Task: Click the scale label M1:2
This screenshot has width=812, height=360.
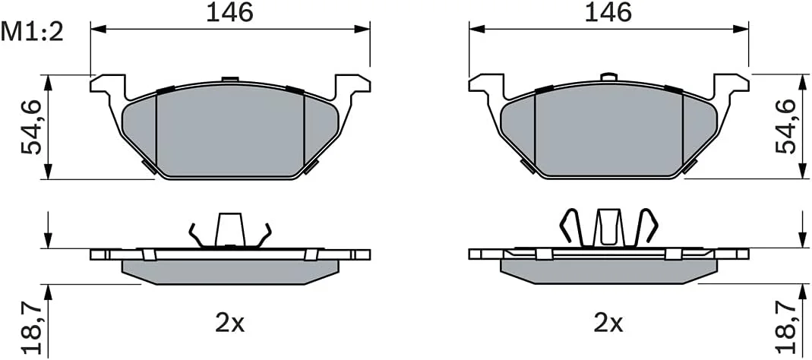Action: pyautogui.click(x=32, y=33)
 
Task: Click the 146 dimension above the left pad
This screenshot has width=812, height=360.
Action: pyautogui.click(x=230, y=12)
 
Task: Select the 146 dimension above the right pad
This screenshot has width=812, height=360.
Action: pyautogui.click(x=608, y=12)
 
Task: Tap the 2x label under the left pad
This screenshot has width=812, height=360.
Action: pyautogui.click(x=230, y=324)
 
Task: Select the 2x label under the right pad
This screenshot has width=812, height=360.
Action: pyautogui.click(x=608, y=324)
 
